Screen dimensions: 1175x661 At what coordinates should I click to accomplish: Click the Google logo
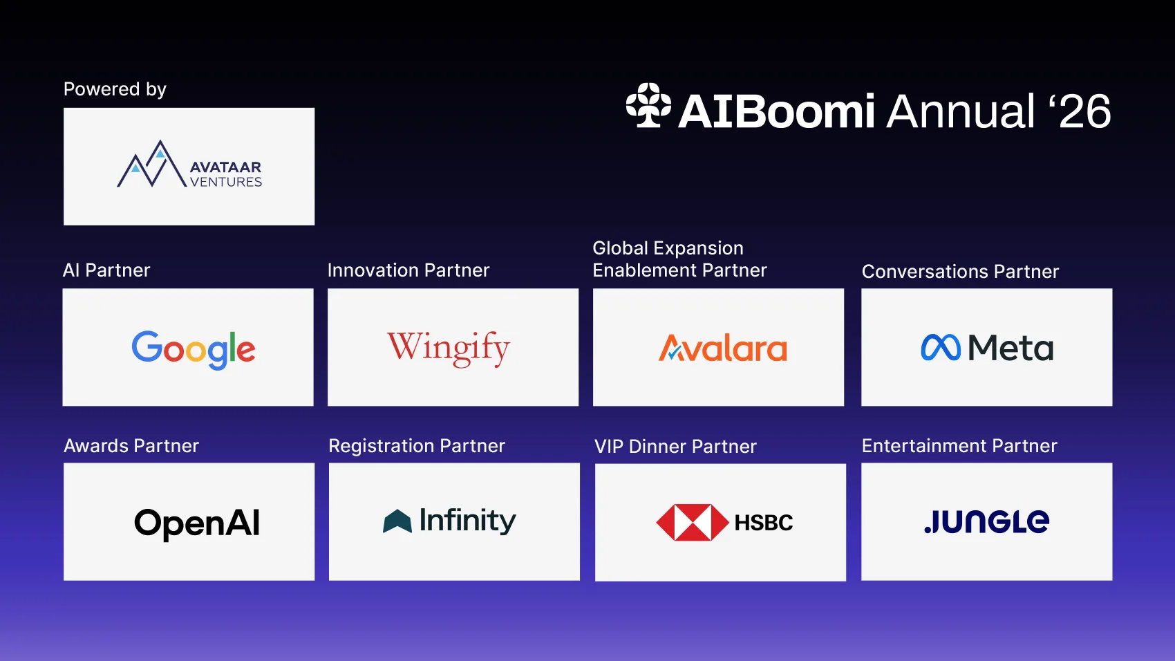(x=194, y=349)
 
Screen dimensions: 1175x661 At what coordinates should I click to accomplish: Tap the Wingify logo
(x=449, y=348)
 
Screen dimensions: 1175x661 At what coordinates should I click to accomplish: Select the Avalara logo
(x=723, y=348)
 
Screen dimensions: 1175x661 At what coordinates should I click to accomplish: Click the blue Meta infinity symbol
(x=941, y=347)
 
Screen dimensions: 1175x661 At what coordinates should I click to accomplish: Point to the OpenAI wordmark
(x=197, y=523)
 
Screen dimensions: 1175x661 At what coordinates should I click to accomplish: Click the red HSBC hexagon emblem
(x=693, y=523)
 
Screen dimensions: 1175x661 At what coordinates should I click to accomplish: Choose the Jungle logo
(x=987, y=521)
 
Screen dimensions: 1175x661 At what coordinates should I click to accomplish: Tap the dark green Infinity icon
(x=397, y=521)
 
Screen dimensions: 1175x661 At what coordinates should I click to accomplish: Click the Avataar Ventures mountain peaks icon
(x=151, y=164)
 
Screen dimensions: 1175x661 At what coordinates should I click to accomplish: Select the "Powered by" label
(x=115, y=89)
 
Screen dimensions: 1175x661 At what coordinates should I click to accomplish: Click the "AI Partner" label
(x=106, y=270)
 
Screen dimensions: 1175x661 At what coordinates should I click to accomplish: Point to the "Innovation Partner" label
(x=408, y=270)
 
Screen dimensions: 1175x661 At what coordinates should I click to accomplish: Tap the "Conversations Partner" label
(x=961, y=272)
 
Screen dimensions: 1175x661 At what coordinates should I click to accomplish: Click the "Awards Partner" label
(x=131, y=446)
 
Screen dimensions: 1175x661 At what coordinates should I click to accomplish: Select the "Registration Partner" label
(x=417, y=446)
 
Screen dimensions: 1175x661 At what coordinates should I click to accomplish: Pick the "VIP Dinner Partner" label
(x=676, y=447)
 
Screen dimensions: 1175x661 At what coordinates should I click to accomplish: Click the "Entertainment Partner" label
(x=959, y=446)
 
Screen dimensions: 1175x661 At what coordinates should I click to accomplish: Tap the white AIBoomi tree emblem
(x=648, y=105)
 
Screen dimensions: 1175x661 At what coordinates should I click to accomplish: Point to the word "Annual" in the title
(x=961, y=111)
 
